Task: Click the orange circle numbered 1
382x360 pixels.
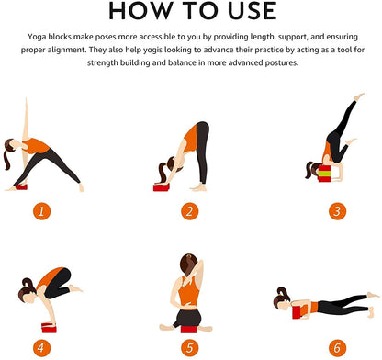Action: pos(41,211)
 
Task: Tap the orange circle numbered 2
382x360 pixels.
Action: pos(189,211)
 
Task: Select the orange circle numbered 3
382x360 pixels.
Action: pos(337,211)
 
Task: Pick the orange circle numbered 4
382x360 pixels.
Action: pos(41,348)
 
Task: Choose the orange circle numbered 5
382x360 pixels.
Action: pos(189,348)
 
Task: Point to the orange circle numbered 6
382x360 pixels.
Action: pos(337,348)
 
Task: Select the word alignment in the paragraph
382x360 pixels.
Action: pos(67,50)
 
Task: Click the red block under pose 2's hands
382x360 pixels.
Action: pos(161,187)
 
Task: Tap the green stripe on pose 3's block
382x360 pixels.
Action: pos(324,174)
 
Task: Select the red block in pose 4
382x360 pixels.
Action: pos(49,328)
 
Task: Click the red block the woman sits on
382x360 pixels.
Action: pos(188,330)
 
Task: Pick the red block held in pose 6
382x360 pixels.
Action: pos(297,312)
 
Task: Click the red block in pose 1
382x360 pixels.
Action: pos(21,186)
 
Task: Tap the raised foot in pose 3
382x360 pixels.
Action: pos(359,96)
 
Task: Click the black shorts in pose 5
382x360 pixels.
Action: pos(188,318)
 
